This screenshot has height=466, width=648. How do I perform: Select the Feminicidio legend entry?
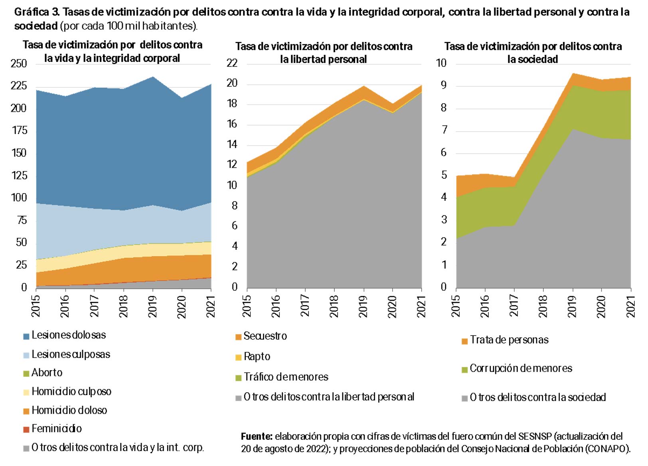[56, 429]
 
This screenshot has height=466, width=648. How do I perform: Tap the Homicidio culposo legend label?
[71, 392]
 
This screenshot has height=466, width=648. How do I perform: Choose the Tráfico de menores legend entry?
[286, 377]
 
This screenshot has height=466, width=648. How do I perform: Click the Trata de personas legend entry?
[509, 340]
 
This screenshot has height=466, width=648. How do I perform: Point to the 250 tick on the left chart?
[18, 64]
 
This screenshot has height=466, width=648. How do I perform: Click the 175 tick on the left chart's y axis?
[18, 130]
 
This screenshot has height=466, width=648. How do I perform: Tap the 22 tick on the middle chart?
[232, 63]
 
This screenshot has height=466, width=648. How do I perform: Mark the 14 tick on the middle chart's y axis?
[232, 144]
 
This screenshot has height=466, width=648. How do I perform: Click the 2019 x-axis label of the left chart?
[153, 306]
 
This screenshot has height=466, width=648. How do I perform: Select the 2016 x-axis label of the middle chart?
[276, 306]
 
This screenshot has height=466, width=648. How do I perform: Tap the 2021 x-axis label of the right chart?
[631, 306]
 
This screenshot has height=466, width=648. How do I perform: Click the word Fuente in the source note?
[256, 436]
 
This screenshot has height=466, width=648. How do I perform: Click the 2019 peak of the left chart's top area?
[153, 77]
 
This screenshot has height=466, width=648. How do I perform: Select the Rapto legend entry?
[257, 357]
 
